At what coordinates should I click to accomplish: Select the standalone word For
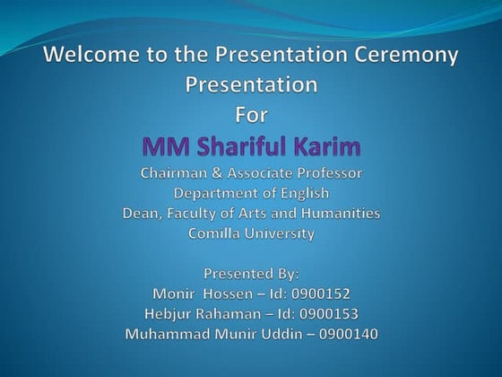point(251,116)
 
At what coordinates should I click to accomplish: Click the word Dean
point(142,213)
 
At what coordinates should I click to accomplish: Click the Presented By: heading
point(251,273)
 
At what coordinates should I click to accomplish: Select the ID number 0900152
point(319,293)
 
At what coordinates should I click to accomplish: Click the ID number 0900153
point(329,313)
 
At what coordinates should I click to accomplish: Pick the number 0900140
point(345,334)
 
